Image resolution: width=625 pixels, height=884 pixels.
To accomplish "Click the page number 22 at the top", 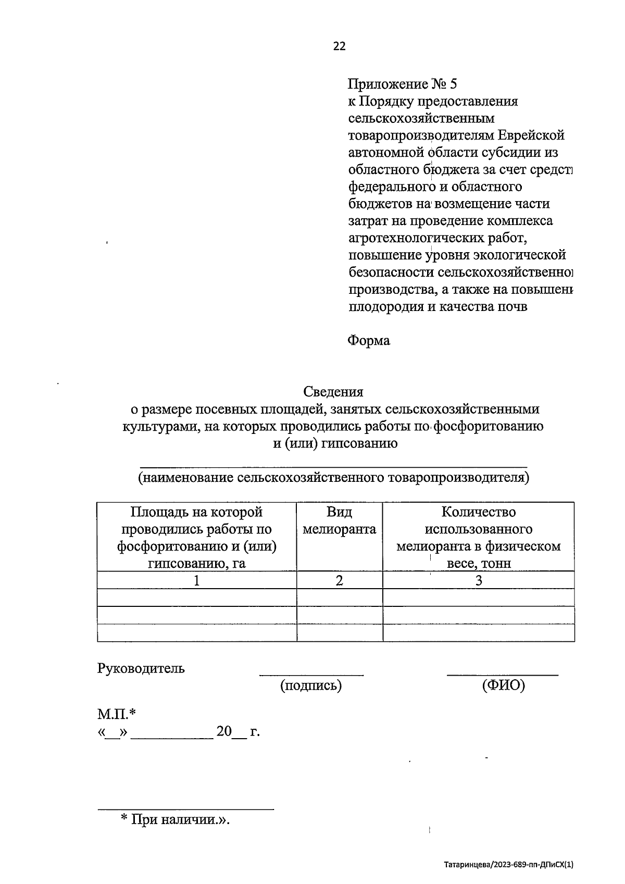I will click(x=339, y=46).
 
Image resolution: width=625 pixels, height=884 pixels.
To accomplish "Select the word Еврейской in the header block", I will click(x=531, y=135).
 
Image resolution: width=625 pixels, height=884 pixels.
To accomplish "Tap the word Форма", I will click(x=368, y=341).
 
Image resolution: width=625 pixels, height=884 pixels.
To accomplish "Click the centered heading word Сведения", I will click(x=333, y=392).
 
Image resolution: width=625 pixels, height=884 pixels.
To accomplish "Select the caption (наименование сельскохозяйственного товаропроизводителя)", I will click(x=333, y=478).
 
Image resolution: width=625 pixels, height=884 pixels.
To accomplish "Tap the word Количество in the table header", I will click(x=478, y=513).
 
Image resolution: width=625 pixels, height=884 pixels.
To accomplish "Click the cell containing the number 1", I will click(x=196, y=580).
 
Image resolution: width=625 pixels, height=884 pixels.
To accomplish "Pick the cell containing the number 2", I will click(x=339, y=580).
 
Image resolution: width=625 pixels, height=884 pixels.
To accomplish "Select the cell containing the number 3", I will click(x=478, y=580).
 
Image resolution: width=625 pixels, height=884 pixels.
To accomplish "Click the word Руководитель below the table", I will click(x=141, y=668).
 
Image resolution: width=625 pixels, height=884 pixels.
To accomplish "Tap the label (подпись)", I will click(x=311, y=686).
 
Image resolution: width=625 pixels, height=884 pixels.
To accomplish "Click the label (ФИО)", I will click(x=503, y=686).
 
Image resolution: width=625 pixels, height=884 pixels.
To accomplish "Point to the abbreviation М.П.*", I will click(x=117, y=714).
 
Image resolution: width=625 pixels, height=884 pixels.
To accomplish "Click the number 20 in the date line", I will click(x=224, y=732).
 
